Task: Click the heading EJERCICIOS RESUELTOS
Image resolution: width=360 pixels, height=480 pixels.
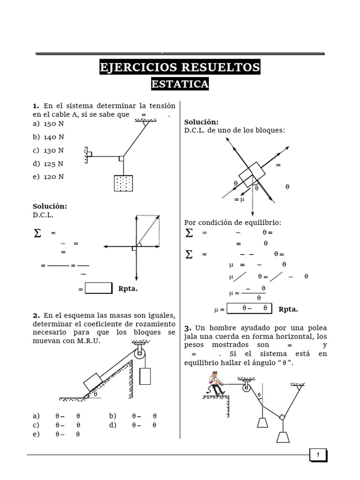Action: (x=180, y=67)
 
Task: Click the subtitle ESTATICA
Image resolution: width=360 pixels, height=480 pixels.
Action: (x=180, y=84)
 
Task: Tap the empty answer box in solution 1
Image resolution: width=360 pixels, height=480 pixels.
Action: (x=98, y=288)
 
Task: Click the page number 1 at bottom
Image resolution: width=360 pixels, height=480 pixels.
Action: (x=318, y=455)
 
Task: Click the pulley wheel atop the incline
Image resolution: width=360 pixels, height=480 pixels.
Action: (x=139, y=354)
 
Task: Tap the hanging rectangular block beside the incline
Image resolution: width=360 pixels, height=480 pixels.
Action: (x=145, y=375)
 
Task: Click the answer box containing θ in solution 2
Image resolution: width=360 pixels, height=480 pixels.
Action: (x=250, y=308)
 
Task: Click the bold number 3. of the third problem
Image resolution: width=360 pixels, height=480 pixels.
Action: (x=187, y=328)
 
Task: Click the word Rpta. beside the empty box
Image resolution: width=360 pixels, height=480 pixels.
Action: (x=128, y=289)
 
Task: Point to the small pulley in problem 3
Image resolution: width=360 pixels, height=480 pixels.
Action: (x=246, y=386)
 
